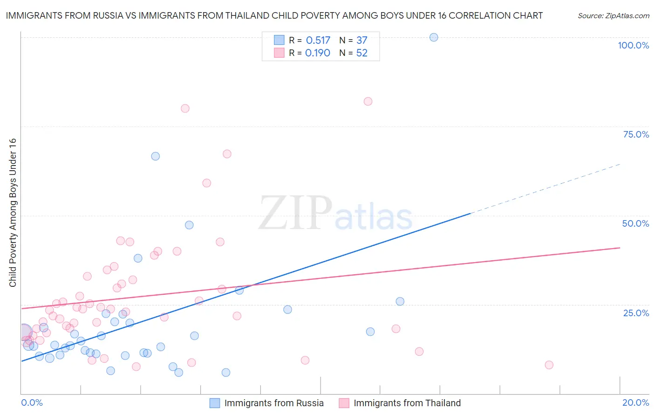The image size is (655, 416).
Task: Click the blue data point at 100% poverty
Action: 434,37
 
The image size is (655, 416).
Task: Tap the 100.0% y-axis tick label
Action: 633,45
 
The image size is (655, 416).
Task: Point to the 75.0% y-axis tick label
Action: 636,134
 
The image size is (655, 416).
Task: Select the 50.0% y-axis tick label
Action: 635,223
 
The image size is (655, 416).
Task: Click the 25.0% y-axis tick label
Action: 636,312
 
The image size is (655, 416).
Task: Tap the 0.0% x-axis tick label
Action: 32,402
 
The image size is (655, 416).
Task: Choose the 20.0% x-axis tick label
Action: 635,402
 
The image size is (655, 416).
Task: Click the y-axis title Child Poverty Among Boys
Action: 13,213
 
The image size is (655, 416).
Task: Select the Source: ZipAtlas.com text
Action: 613,15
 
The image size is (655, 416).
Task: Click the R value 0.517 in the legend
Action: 318,41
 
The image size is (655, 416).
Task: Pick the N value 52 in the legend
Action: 362,53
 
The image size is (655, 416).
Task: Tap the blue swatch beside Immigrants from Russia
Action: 215,403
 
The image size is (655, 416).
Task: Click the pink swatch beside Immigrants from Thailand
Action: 344,403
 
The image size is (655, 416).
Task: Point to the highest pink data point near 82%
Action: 368,101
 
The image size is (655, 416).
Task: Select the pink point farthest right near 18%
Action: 549,365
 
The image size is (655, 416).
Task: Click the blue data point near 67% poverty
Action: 156,156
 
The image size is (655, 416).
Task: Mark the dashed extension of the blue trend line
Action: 545,188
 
